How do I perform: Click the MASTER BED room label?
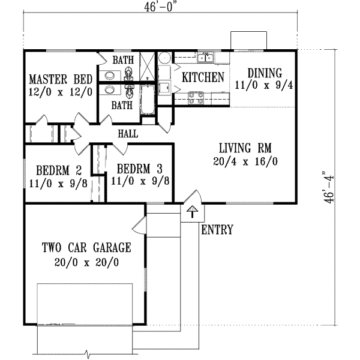59,79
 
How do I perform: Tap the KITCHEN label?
203,77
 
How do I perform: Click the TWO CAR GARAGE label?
86,247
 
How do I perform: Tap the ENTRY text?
217,230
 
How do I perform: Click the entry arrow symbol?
191,211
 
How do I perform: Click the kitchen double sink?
208,58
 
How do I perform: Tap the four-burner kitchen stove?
196,98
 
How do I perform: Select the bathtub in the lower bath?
146,98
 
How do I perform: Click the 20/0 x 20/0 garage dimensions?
86,262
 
